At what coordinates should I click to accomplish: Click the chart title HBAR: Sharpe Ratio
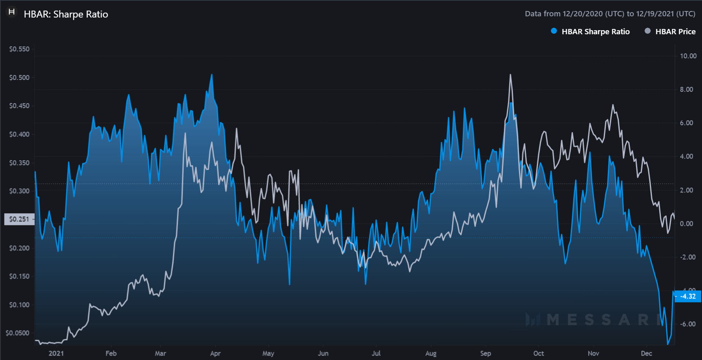66,14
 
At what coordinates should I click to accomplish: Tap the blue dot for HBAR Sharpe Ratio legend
554,31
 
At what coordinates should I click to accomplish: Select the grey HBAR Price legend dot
647,31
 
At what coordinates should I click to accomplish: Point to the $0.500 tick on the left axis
20,77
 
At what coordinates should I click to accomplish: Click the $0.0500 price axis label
18,333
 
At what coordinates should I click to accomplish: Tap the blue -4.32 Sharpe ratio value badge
688,296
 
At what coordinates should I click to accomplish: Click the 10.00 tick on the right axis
688,56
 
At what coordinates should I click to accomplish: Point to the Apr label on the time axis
215,353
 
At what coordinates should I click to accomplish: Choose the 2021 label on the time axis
56,353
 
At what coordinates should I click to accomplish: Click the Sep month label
485,353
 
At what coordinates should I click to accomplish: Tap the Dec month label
646,353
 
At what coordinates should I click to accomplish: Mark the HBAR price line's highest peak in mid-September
510,75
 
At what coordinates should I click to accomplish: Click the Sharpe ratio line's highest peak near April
211,75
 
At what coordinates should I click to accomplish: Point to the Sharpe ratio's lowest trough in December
668,344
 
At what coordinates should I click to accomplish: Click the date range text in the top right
610,14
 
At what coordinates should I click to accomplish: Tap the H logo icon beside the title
12,12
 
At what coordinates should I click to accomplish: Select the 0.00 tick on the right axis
687,223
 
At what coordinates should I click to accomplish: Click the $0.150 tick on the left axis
20,276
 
